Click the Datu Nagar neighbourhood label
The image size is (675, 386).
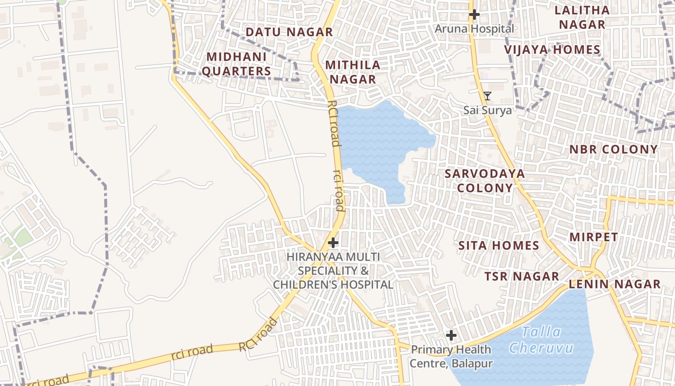coord(289,32)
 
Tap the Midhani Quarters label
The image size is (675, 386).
coord(236,64)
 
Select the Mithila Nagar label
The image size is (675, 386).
coord(352,72)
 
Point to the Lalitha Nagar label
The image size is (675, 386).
coord(582,17)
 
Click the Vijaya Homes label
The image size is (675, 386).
coord(552,50)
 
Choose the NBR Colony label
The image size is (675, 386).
coord(613,150)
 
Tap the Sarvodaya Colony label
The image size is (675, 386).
coord(485,180)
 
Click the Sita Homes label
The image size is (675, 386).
coord(499,246)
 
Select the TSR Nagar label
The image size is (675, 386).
coord(522,276)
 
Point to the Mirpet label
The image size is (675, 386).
coord(594,237)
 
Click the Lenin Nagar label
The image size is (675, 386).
coord(615,284)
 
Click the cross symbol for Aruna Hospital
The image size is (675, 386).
coord(474,14)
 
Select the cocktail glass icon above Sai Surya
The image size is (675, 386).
coord(487,96)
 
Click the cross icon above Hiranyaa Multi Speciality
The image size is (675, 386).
coord(333,242)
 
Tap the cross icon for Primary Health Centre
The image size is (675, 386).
coord(451,335)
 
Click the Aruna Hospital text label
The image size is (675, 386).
coord(474,29)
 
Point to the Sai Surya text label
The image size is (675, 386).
coord(487,110)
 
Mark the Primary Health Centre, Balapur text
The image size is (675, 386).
coord(451,356)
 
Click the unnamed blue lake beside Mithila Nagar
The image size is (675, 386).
coord(381,140)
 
